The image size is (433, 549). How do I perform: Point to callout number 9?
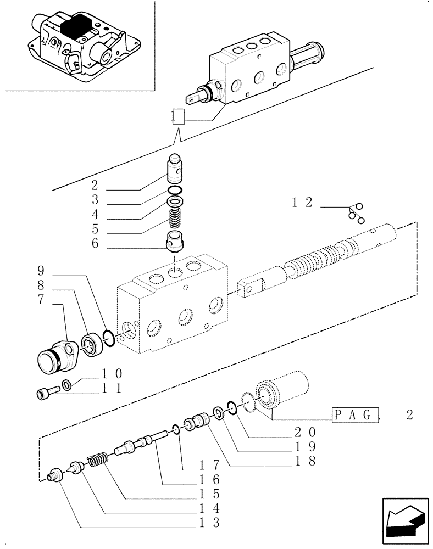[41, 271]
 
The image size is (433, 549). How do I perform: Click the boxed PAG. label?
[356, 415]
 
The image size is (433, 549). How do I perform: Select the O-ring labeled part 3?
[175, 190]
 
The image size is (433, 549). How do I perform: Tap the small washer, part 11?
[66, 384]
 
